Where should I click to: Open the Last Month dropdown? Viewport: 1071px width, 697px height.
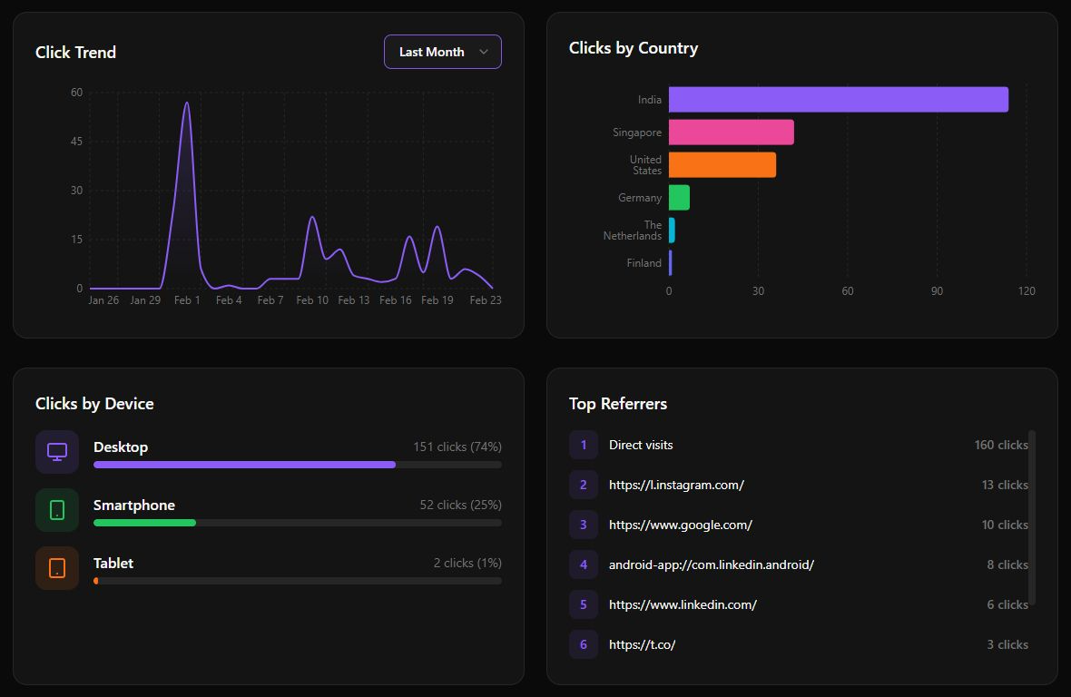(442, 52)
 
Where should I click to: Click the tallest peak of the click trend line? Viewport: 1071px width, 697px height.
(187, 103)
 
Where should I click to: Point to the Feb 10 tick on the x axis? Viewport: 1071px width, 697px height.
(312, 300)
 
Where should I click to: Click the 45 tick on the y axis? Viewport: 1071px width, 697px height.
(76, 142)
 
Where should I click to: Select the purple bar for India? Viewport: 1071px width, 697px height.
(838, 100)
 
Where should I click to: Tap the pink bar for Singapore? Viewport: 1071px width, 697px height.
(731, 133)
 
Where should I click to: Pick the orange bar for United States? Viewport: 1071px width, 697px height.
(722, 165)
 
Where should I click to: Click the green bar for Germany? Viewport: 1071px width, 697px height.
(679, 198)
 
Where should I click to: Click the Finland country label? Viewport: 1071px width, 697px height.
(644, 263)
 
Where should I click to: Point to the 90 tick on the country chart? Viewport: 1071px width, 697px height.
(937, 291)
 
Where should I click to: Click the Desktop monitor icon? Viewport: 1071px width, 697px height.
(57, 452)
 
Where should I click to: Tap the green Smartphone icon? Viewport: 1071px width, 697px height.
(57, 510)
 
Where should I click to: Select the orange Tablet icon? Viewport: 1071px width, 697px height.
(57, 568)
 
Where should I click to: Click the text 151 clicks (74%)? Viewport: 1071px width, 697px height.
(457, 447)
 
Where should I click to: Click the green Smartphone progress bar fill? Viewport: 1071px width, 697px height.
(144, 523)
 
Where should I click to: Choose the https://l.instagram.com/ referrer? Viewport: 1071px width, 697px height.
(676, 485)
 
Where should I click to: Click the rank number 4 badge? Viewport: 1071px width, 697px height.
(584, 564)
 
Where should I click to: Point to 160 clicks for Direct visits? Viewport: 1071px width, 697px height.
(1000, 445)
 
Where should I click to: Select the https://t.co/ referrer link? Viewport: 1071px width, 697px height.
(642, 644)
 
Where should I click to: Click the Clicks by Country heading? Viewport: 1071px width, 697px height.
(633, 48)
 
